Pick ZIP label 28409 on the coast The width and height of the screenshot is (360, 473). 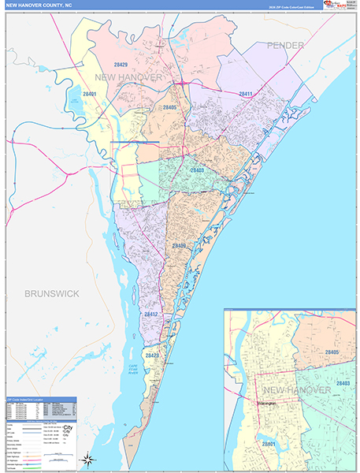[180, 246]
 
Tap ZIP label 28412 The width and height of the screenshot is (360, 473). [151, 314]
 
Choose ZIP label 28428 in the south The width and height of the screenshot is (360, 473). [151, 356]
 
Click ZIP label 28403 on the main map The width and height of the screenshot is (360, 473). [197, 169]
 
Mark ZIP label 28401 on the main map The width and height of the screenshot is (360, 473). [89, 94]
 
